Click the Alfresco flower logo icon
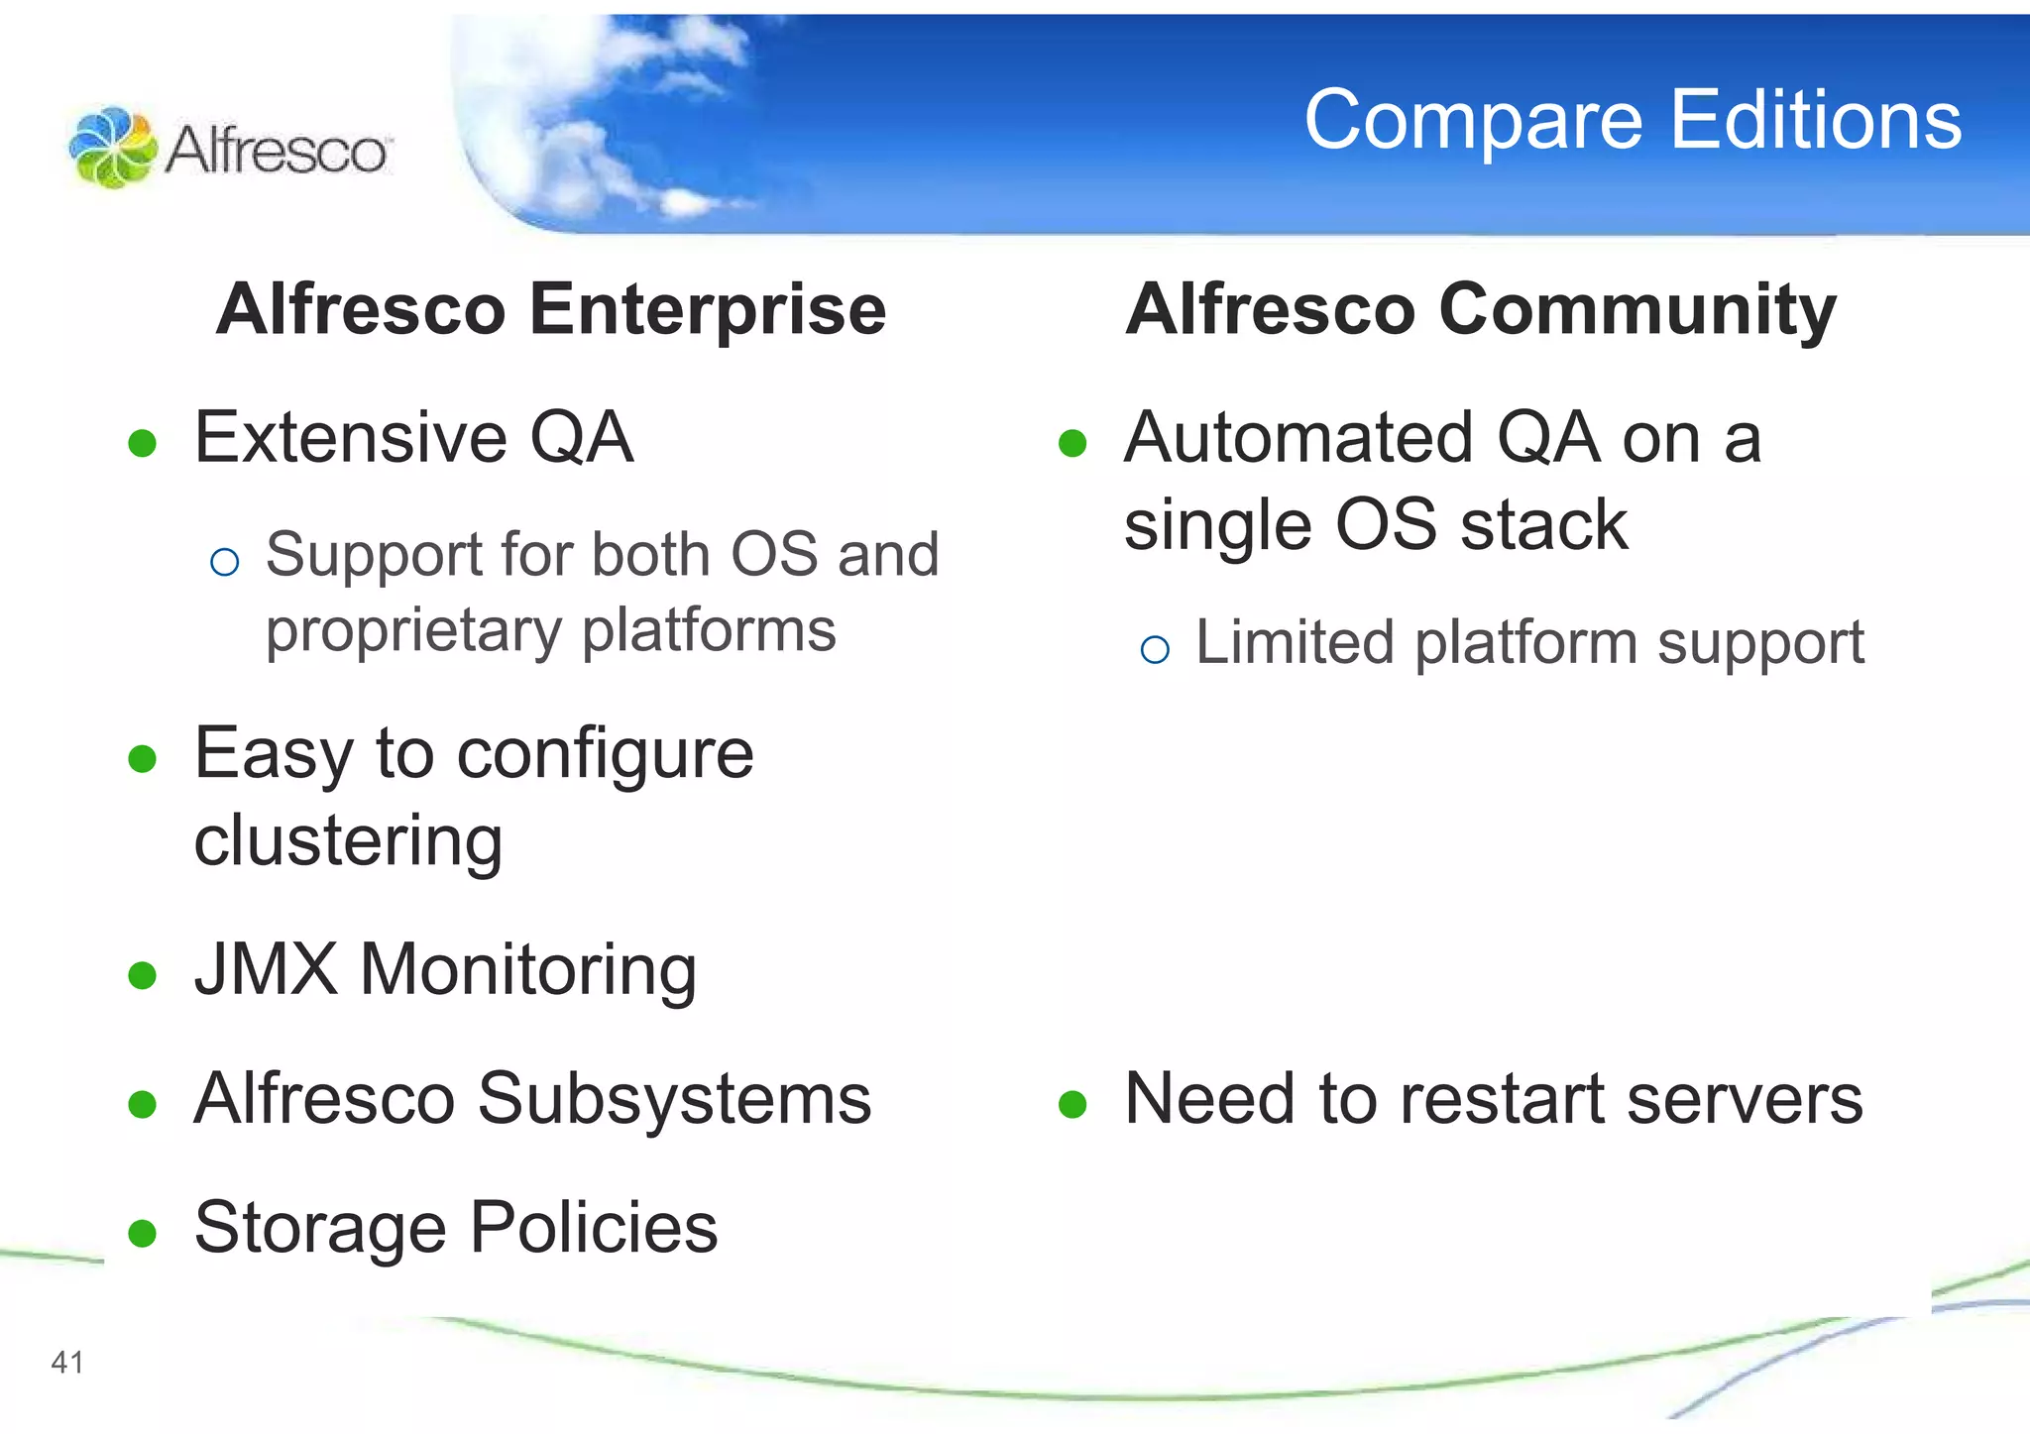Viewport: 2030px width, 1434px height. tap(112, 148)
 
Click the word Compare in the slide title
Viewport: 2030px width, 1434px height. tap(1472, 121)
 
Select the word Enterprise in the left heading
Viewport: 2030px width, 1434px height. tap(708, 309)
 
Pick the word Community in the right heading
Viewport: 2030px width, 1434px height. tap(1637, 309)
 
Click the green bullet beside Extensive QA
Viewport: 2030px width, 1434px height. tap(143, 443)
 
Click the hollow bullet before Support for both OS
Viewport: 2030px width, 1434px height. tap(225, 563)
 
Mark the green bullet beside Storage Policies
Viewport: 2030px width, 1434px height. tap(143, 1233)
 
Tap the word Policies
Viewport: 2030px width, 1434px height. tap(594, 1227)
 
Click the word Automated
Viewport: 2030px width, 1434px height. tap(1297, 437)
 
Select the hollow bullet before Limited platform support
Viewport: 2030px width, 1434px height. tap(1155, 650)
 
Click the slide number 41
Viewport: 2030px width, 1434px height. tap(67, 1363)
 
